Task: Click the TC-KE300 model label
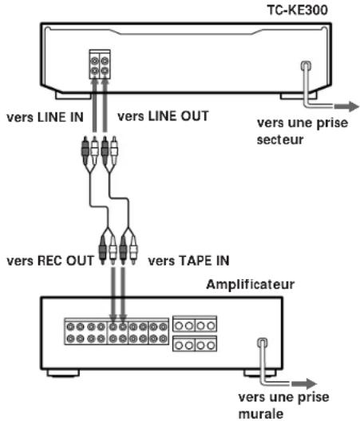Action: coord(298,10)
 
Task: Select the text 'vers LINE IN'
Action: coord(45,117)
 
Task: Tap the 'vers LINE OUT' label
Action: coord(163,116)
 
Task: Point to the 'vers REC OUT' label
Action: coord(50,261)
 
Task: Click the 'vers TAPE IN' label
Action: coord(188,261)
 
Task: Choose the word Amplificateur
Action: coord(251,285)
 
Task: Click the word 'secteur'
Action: coord(280,140)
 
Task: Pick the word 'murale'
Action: coord(261,414)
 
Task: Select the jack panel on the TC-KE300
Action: coord(100,65)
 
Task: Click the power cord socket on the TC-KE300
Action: coord(306,65)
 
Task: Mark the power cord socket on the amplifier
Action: coord(263,342)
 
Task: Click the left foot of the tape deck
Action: coord(73,96)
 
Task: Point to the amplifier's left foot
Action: coord(63,373)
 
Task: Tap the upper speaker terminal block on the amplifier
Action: coord(195,324)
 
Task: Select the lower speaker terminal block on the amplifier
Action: coord(195,344)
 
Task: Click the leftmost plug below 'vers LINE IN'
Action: coord(85,151)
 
